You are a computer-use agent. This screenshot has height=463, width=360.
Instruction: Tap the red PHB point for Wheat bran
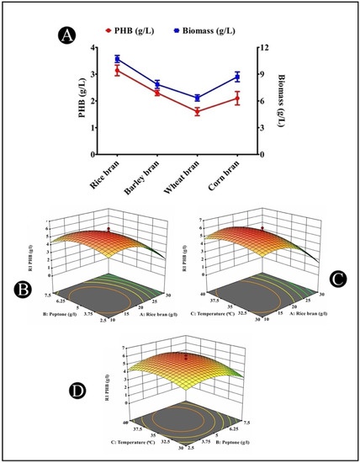point(197,111)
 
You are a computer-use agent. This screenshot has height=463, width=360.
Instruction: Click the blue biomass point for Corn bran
point(237,77)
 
